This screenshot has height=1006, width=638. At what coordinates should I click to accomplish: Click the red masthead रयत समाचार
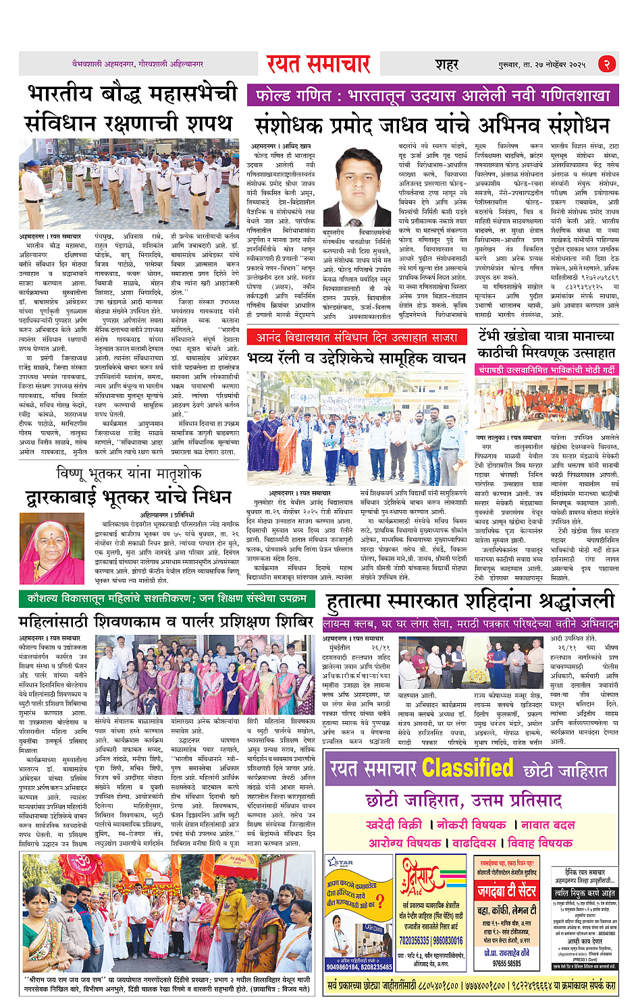[318, 64]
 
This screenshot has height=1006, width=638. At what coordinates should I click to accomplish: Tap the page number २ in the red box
[606, 64]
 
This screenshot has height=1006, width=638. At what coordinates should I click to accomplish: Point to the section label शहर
[447, 64]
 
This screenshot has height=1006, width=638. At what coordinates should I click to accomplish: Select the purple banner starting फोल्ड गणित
[432, 95]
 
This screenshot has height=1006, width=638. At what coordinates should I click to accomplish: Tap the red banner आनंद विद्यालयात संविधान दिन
[357, 337]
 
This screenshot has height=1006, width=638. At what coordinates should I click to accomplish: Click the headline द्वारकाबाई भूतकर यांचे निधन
[128, 498]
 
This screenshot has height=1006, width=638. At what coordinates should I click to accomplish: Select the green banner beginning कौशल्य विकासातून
[167, 598]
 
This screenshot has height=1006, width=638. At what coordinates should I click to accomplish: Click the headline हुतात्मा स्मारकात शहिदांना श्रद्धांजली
[470, 601]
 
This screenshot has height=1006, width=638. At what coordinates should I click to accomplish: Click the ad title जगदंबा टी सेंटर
[506, 891]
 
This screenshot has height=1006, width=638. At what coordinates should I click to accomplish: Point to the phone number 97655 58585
[506, 963]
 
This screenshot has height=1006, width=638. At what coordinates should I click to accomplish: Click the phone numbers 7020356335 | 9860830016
[431, 941]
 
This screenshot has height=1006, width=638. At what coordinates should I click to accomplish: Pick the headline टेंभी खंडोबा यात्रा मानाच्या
[546, 336]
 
